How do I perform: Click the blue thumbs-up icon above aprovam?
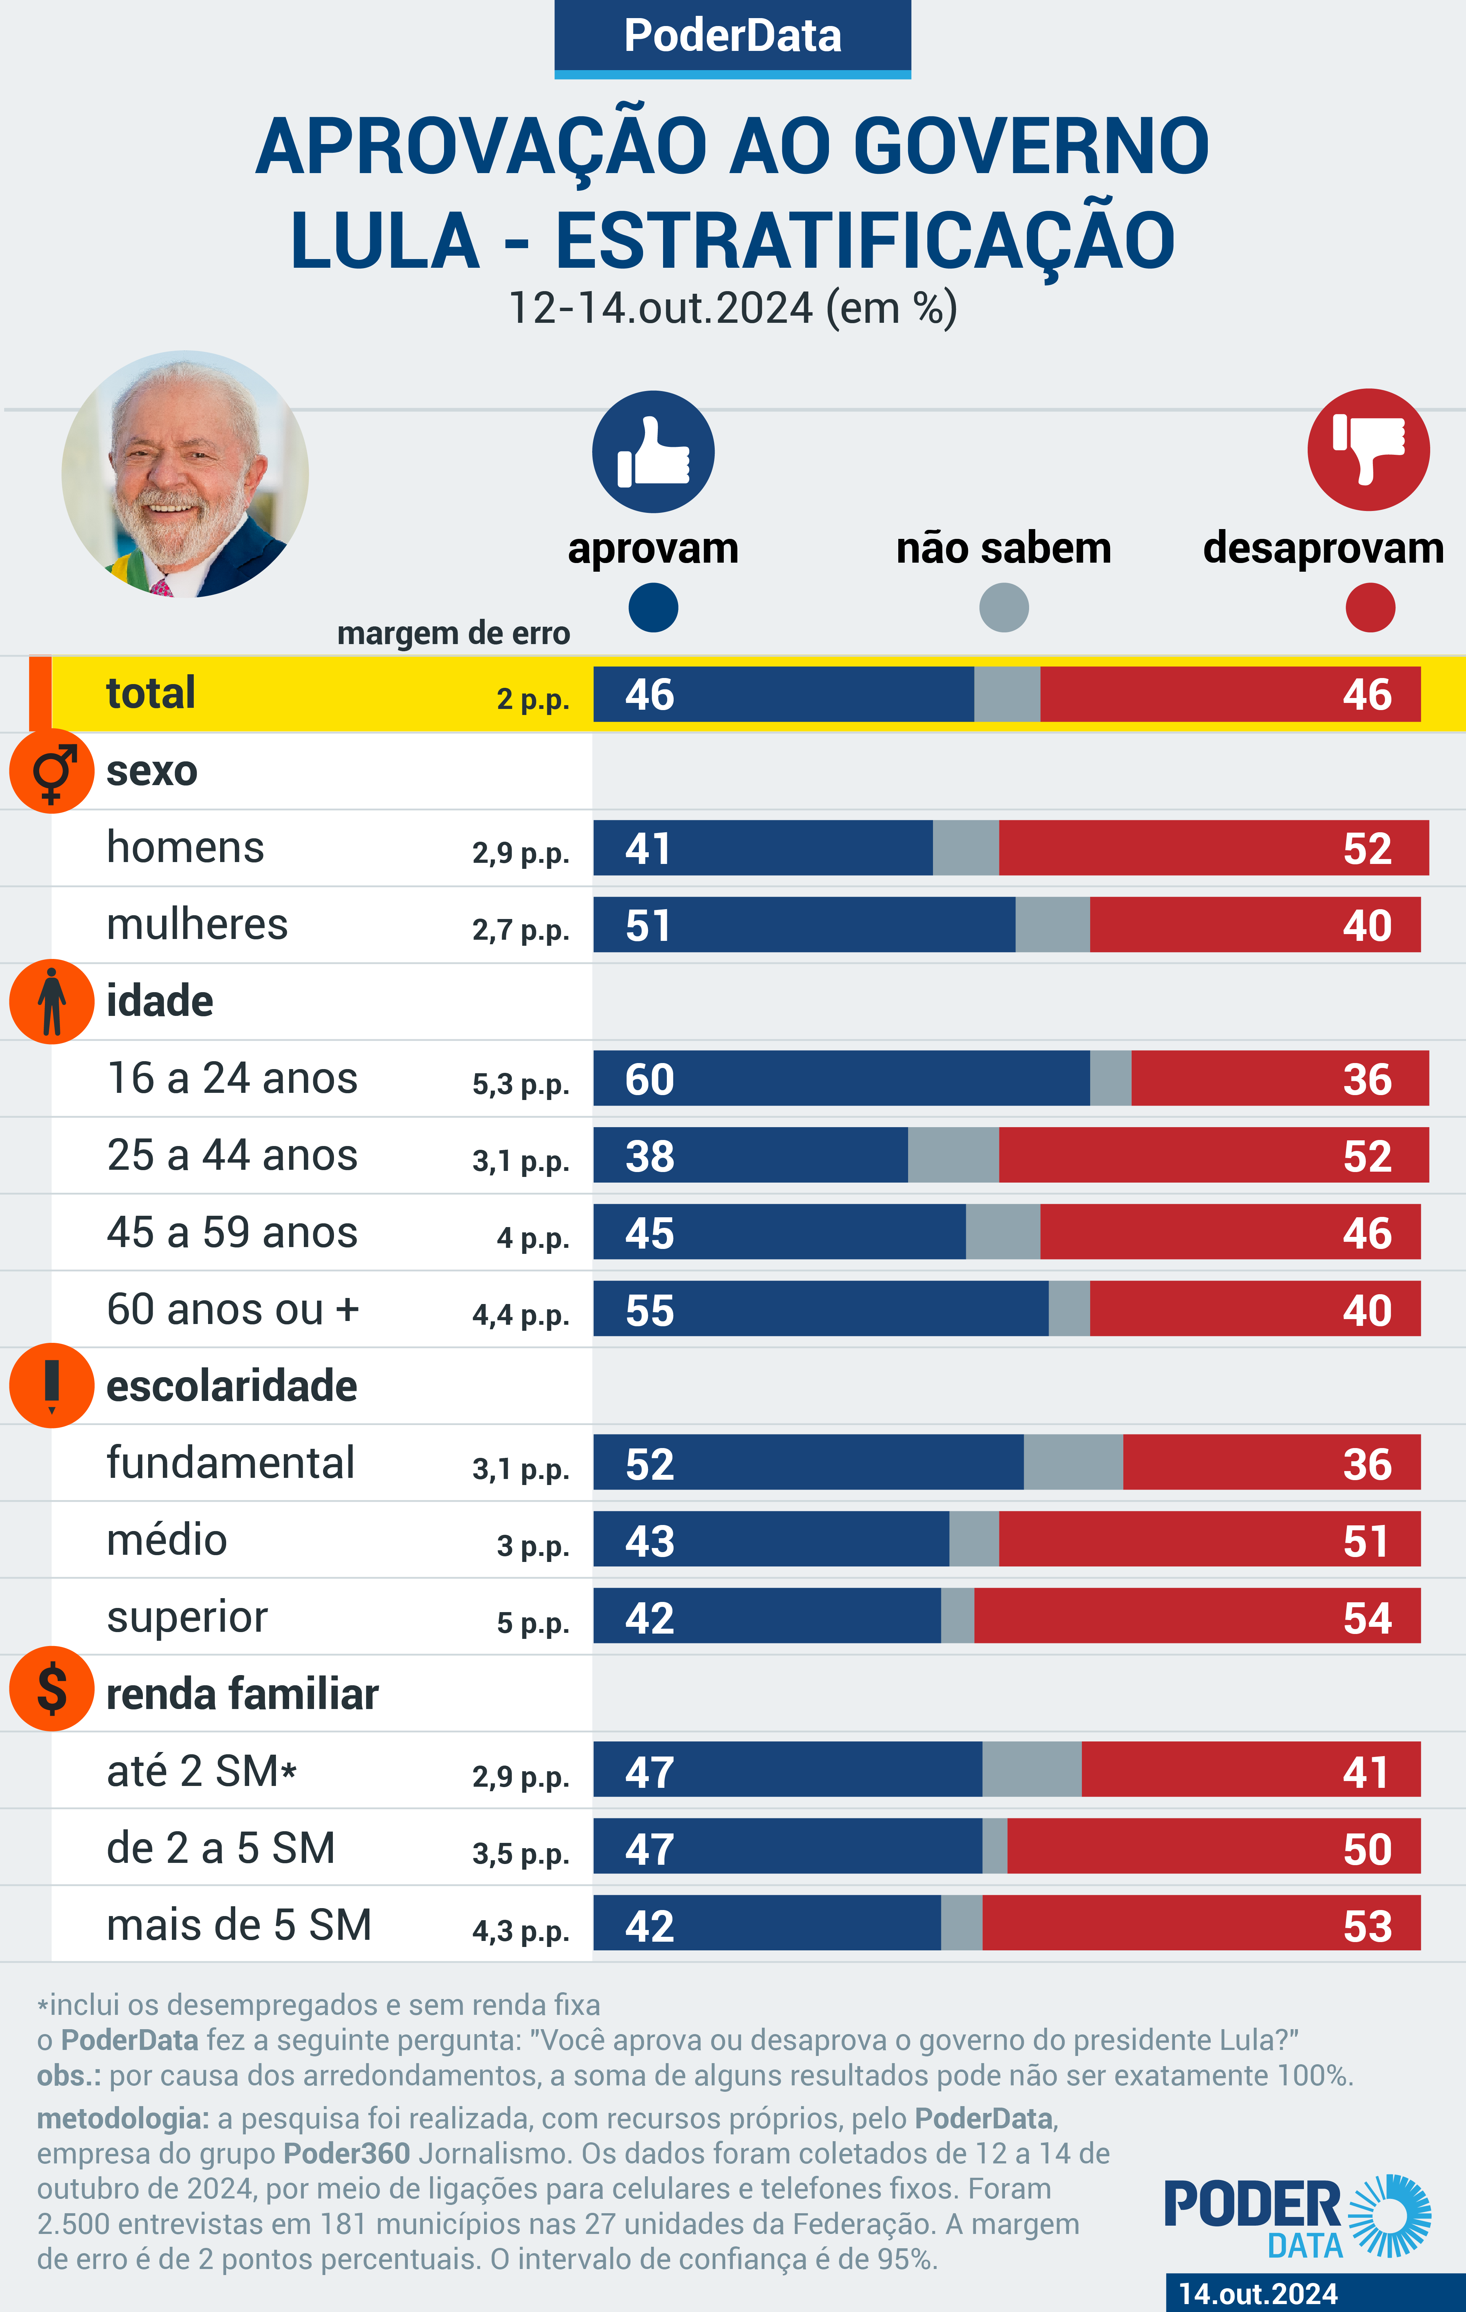653,451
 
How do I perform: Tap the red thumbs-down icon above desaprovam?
1368,450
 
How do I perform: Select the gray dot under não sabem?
1003,608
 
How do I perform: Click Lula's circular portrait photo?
185,474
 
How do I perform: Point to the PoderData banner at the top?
732,37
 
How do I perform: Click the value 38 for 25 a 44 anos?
650,1156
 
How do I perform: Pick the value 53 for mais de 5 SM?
1367,1926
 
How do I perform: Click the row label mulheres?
197,925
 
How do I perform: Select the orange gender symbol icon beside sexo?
52,771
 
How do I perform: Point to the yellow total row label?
151,693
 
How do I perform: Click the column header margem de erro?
453,634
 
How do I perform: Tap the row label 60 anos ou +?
232,1310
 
